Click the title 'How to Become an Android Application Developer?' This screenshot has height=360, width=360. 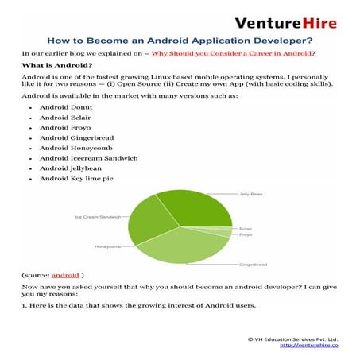click(180, 39)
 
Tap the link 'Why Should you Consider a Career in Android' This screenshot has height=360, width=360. click(232, 53)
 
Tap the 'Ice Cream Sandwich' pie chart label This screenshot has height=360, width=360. click(98, 216)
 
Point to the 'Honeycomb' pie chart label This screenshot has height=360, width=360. click(107, 246)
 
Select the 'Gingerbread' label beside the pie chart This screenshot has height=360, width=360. click(252, 264)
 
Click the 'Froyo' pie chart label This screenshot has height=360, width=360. click(246, 235)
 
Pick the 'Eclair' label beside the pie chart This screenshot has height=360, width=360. click(246, 229)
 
